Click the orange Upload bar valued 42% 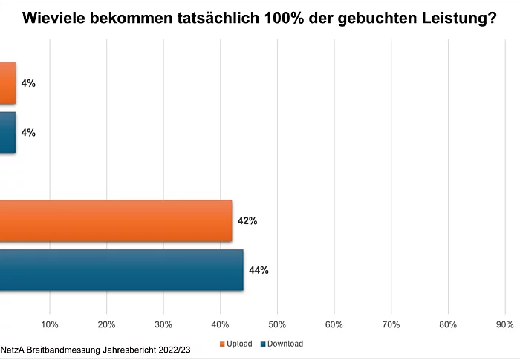pos(116,221)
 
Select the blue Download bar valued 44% pos(122,270)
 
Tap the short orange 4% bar pos(7,83)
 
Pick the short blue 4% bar pos(7,133)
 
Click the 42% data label pos(247,221)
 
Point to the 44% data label pos(259,270)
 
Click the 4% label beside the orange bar pos(28,83)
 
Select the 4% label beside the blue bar pos(28,133)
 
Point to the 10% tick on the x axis pos(50,324)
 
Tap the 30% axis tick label pos(163,324)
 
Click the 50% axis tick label pos(277,324)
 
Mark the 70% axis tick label pos(391,324)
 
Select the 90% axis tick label pos(504,324)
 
